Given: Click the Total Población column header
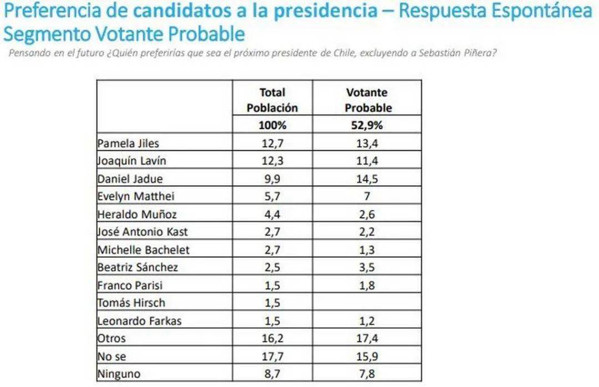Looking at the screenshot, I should tap(272, 100).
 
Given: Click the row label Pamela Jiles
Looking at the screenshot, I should tap(128, 143).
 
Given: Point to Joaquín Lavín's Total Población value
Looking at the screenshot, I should tap(272, 161).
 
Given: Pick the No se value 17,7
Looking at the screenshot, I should tap(272, 356).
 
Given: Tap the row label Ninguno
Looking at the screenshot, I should tap(119, 374).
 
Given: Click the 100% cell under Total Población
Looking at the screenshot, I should tap(272, 125).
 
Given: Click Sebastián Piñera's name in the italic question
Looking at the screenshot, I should tap(460, 53).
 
